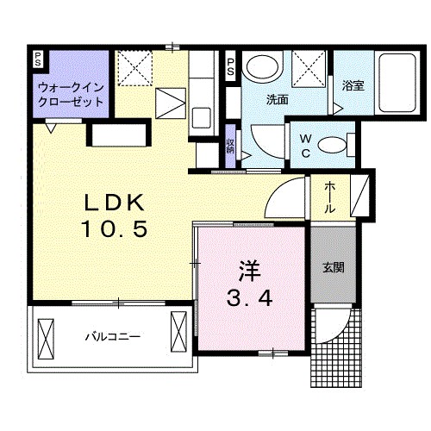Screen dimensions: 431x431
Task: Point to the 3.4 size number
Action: (x=250, y=299)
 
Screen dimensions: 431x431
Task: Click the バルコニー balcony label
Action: (x=112, y=335)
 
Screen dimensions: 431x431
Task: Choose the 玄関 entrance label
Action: (x=334, y=267)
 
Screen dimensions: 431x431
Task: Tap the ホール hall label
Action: (x=331, y=197)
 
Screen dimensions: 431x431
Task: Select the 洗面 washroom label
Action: (x=277, y=99)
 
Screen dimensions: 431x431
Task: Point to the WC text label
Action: (x=305, y=143)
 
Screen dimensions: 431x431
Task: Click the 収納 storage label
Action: (x=231, y=145)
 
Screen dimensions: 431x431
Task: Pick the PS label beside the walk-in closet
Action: (x=38, y=59)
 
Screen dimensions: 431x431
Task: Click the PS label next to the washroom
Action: (x=231, y=66)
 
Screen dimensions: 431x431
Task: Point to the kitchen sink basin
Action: (x=203, y=116)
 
